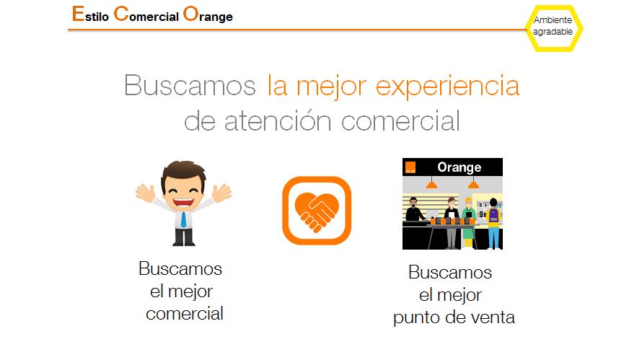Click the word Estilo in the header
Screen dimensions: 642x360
(90, 14)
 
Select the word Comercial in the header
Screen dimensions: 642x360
(146, 14)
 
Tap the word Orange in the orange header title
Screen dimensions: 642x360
(208, 14)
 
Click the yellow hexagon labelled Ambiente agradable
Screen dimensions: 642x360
(554, 29)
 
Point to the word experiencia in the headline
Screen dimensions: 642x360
(447, 87)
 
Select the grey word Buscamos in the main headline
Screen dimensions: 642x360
(190, 85)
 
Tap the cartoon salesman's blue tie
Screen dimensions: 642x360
(183, 219)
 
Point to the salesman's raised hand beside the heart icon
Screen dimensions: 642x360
(222, 193)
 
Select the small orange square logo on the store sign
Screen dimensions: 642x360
(410, 167)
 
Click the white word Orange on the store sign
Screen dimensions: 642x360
(459, 167)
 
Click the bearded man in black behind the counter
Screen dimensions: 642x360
(414, 209)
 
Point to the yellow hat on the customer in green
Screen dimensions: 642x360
(468, 201)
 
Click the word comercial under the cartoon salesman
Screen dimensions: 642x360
(184, 314)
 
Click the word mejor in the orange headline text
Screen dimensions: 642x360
(331, 87)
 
